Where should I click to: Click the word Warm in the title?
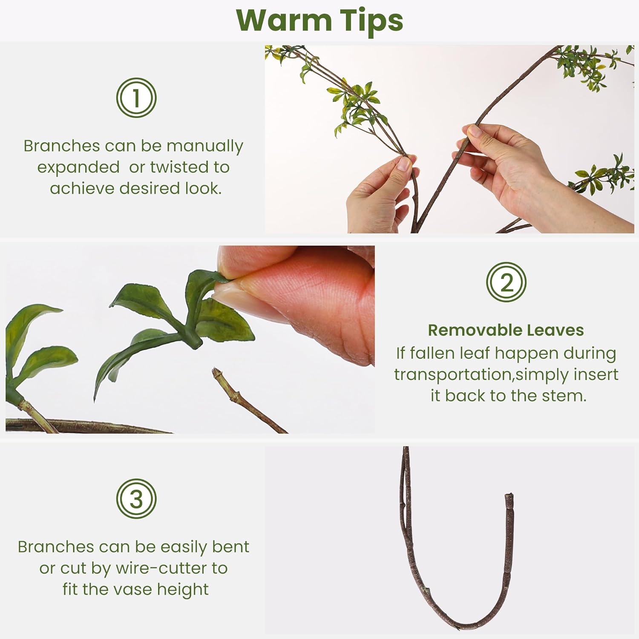(283, 20)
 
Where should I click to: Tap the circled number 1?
(136, 98)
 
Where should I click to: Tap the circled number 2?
(506, 282)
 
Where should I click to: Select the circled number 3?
(136, 499)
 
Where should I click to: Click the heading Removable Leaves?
(506, 330)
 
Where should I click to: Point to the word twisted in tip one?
(178, 167)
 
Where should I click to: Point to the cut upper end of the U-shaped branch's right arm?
(509, 497)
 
